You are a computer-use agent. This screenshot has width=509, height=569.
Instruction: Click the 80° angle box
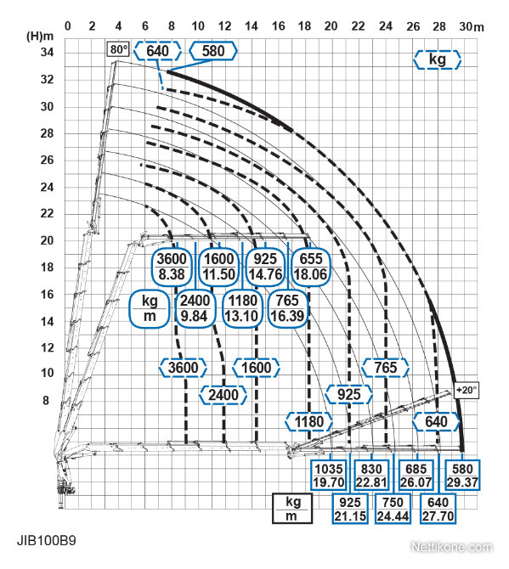118,49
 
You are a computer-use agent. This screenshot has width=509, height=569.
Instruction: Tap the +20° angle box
467,390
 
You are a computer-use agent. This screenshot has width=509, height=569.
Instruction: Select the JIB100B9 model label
47,541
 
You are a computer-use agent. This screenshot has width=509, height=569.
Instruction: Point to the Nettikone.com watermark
451,547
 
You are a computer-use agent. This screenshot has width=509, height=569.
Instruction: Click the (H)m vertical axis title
40,37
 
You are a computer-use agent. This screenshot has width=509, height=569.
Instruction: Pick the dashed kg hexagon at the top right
437,59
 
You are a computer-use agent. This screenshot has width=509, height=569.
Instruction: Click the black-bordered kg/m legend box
292,508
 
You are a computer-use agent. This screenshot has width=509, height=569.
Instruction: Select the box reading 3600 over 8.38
172,267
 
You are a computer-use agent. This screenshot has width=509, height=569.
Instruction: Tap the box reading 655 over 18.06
311,267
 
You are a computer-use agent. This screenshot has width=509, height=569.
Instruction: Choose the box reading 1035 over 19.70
329,476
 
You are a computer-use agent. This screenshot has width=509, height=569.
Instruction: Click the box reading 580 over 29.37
462,476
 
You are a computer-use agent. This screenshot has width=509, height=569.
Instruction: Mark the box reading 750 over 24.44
393,509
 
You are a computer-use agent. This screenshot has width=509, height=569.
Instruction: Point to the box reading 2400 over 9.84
195,308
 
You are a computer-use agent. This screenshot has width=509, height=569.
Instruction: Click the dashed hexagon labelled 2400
223,395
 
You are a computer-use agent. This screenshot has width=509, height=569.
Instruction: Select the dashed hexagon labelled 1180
309,422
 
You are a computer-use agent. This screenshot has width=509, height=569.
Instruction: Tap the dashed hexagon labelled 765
385,368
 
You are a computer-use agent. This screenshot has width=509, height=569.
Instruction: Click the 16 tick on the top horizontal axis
278,26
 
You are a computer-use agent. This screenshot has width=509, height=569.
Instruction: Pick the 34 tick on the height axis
47,53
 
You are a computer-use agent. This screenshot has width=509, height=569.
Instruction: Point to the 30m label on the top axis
472,26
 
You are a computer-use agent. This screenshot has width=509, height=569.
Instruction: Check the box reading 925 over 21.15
350,509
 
